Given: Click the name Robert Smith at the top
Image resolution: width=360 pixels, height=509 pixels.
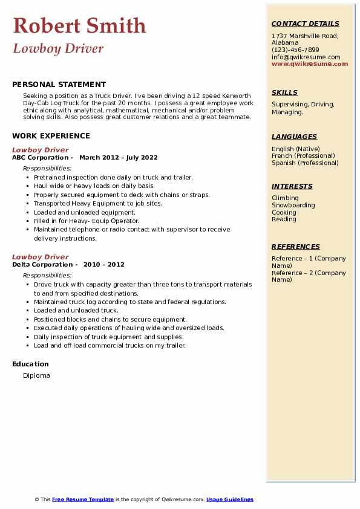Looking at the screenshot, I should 79,26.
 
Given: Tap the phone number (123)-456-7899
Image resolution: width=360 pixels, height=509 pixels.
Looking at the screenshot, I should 295,50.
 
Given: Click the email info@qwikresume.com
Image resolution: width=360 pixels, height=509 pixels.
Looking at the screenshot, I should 306,57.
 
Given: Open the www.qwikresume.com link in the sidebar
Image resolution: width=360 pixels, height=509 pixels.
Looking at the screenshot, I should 310,63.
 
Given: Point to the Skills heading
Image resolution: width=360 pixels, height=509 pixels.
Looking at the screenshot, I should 284,93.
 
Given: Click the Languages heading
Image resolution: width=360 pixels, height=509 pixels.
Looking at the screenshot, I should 294,137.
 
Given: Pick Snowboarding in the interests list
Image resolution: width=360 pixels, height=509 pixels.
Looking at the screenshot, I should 293,206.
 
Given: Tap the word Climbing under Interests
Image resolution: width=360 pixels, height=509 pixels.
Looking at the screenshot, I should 285,198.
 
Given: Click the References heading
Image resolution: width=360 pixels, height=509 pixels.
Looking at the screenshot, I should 296,247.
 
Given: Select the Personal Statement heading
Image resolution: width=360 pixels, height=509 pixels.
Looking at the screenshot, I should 59,85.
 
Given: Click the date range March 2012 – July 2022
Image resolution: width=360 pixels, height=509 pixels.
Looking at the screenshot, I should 119,158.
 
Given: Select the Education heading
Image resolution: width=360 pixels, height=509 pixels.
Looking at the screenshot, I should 30,364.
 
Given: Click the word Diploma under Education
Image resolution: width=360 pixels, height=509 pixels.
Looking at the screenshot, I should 36,375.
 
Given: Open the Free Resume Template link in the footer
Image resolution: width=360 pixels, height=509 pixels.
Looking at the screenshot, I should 83,499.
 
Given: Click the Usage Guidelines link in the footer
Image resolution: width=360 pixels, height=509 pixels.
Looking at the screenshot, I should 230,499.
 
